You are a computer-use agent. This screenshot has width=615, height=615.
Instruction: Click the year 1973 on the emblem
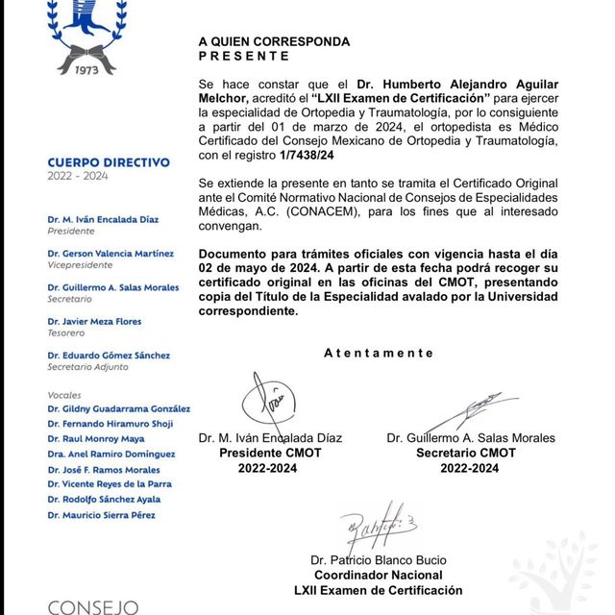(87, 68)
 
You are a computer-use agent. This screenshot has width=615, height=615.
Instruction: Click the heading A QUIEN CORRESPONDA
(274, 42)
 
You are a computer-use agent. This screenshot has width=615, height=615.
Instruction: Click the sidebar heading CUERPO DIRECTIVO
(109, 163)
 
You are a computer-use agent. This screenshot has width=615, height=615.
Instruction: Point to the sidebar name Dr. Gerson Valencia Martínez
(111, 254)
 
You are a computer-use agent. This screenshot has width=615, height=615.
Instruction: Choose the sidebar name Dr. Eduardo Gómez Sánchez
(109, 356)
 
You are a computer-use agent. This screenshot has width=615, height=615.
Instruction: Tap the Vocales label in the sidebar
(64, 395)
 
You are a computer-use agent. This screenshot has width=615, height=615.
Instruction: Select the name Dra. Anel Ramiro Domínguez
(111, 454)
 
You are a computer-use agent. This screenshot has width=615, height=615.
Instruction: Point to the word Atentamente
(379, 353)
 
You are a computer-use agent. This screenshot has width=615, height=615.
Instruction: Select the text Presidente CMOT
(270, 453)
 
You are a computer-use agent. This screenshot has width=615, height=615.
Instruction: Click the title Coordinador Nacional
(378, 575)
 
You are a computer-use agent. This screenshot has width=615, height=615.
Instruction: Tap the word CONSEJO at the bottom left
(93, 606)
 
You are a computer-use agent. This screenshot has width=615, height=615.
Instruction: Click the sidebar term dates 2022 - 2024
(80, 178)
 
